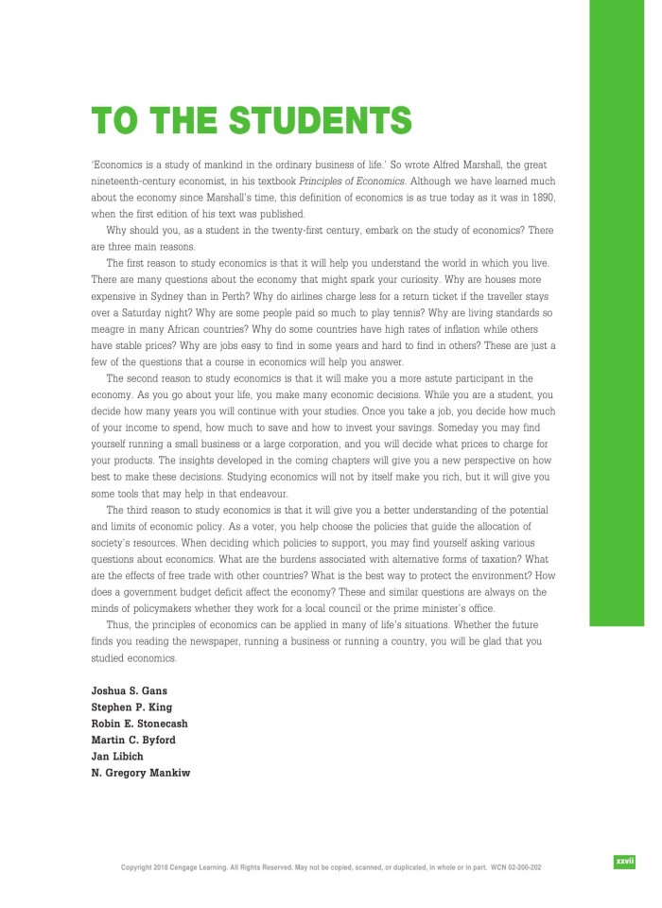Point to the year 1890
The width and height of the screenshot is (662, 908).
coord(540,196)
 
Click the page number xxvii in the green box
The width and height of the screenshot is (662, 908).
coord(624,862)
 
